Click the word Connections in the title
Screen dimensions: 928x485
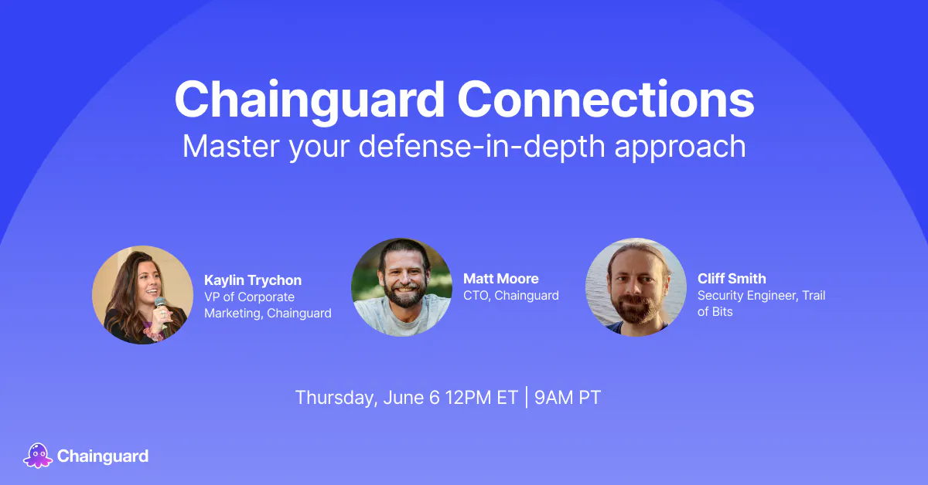coord(606,99)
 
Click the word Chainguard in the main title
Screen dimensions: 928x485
coord(309,101)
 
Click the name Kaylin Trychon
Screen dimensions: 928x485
coord(253,280)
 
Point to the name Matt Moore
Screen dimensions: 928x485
coord(501,279)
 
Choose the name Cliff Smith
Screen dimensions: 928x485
coord(732,279)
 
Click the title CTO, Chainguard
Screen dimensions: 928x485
coord(511,296)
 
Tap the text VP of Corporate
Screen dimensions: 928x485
coord(249,297)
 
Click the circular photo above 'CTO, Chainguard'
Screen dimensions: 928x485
coord(401,287)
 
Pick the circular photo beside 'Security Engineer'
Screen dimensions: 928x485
coord(636,287)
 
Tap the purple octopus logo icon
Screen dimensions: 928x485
coord(38,456)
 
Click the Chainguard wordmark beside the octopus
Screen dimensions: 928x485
coord(103,456)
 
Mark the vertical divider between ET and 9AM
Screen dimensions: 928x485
coord(527,397)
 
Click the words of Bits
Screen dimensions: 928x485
coord(715,311)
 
